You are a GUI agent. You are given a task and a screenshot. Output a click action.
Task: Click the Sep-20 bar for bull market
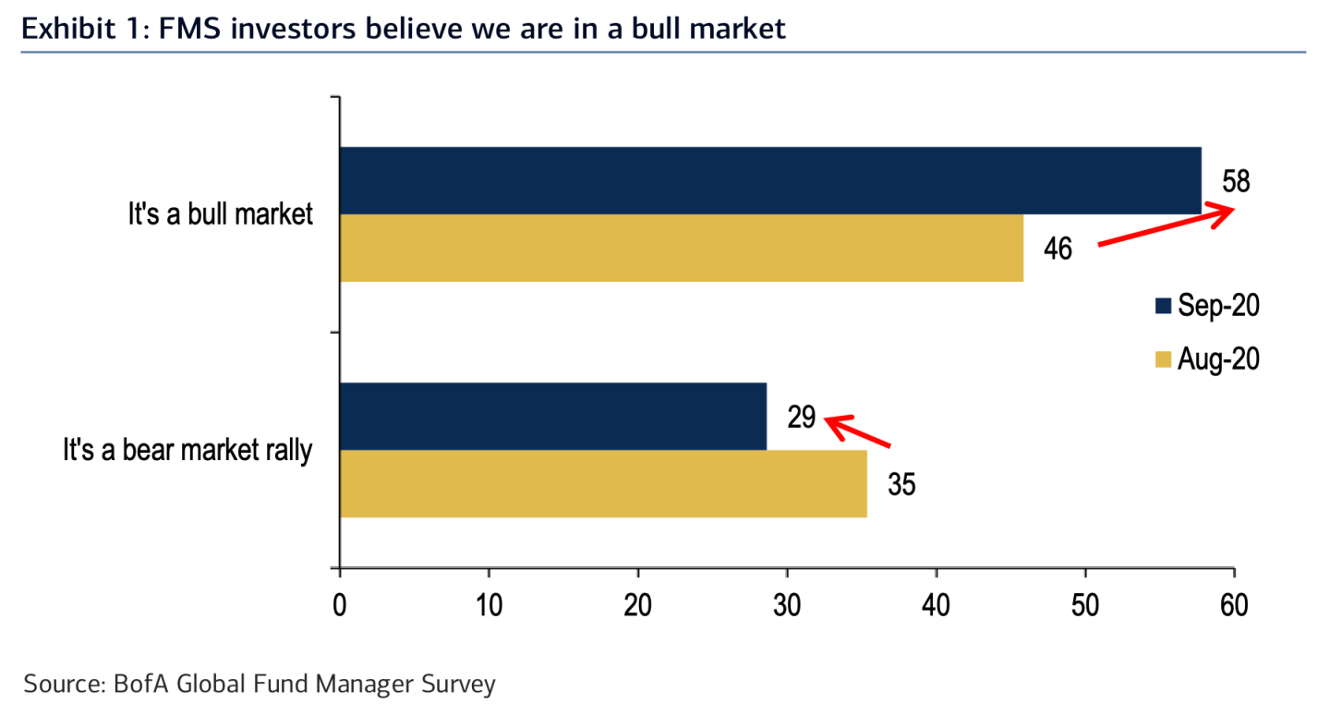click(x=770, y=180)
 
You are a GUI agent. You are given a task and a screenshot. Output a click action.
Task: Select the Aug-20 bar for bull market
click(x=682, y=248)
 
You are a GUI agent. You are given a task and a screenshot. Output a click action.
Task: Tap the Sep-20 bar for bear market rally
click(x=552, y=416)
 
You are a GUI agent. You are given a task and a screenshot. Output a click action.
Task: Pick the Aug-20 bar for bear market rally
click(x=603, y=483)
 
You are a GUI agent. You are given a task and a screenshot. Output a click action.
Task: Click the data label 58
click(x=1236, y=181)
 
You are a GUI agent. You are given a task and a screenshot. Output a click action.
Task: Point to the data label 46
click(x=1058, y=249)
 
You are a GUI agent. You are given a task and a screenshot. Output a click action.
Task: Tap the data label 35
click(x=901, y=484)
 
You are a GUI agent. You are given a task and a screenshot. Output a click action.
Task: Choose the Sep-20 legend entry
click(x=1206, y=307)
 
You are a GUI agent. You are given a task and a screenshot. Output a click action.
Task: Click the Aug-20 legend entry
click(x=1206, y=358)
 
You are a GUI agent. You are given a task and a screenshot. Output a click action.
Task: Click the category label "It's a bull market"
click(x=221, y=214)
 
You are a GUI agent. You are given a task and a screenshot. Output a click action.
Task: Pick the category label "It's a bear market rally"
click(x=187, y=451)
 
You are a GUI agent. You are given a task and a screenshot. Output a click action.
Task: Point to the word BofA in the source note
click(x=138, y=685)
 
